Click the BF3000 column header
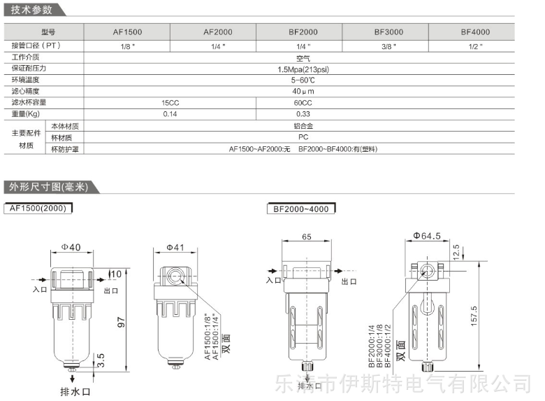pos(388,32)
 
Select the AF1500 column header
pos(127,32)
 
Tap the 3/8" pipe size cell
pos(388,46)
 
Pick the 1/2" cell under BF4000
pos(475,46)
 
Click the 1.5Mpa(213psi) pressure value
pos(303,69)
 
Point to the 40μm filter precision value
pos(303,91)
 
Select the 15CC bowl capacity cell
pos(170,103)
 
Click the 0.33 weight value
pos(303,114)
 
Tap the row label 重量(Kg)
pos(26,114)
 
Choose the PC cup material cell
pos(303,137)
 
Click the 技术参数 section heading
pos(31,10)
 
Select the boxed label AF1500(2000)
pos(38,208)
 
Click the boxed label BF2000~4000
pos(301,209)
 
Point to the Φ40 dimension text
pos(71,247)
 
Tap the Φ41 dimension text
pos(175,248)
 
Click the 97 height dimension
pos(121,322)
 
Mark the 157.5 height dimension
pos(474,316)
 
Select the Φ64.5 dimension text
pos(427,236)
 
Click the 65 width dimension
pos(307,237)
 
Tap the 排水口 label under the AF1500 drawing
pos(75,392)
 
